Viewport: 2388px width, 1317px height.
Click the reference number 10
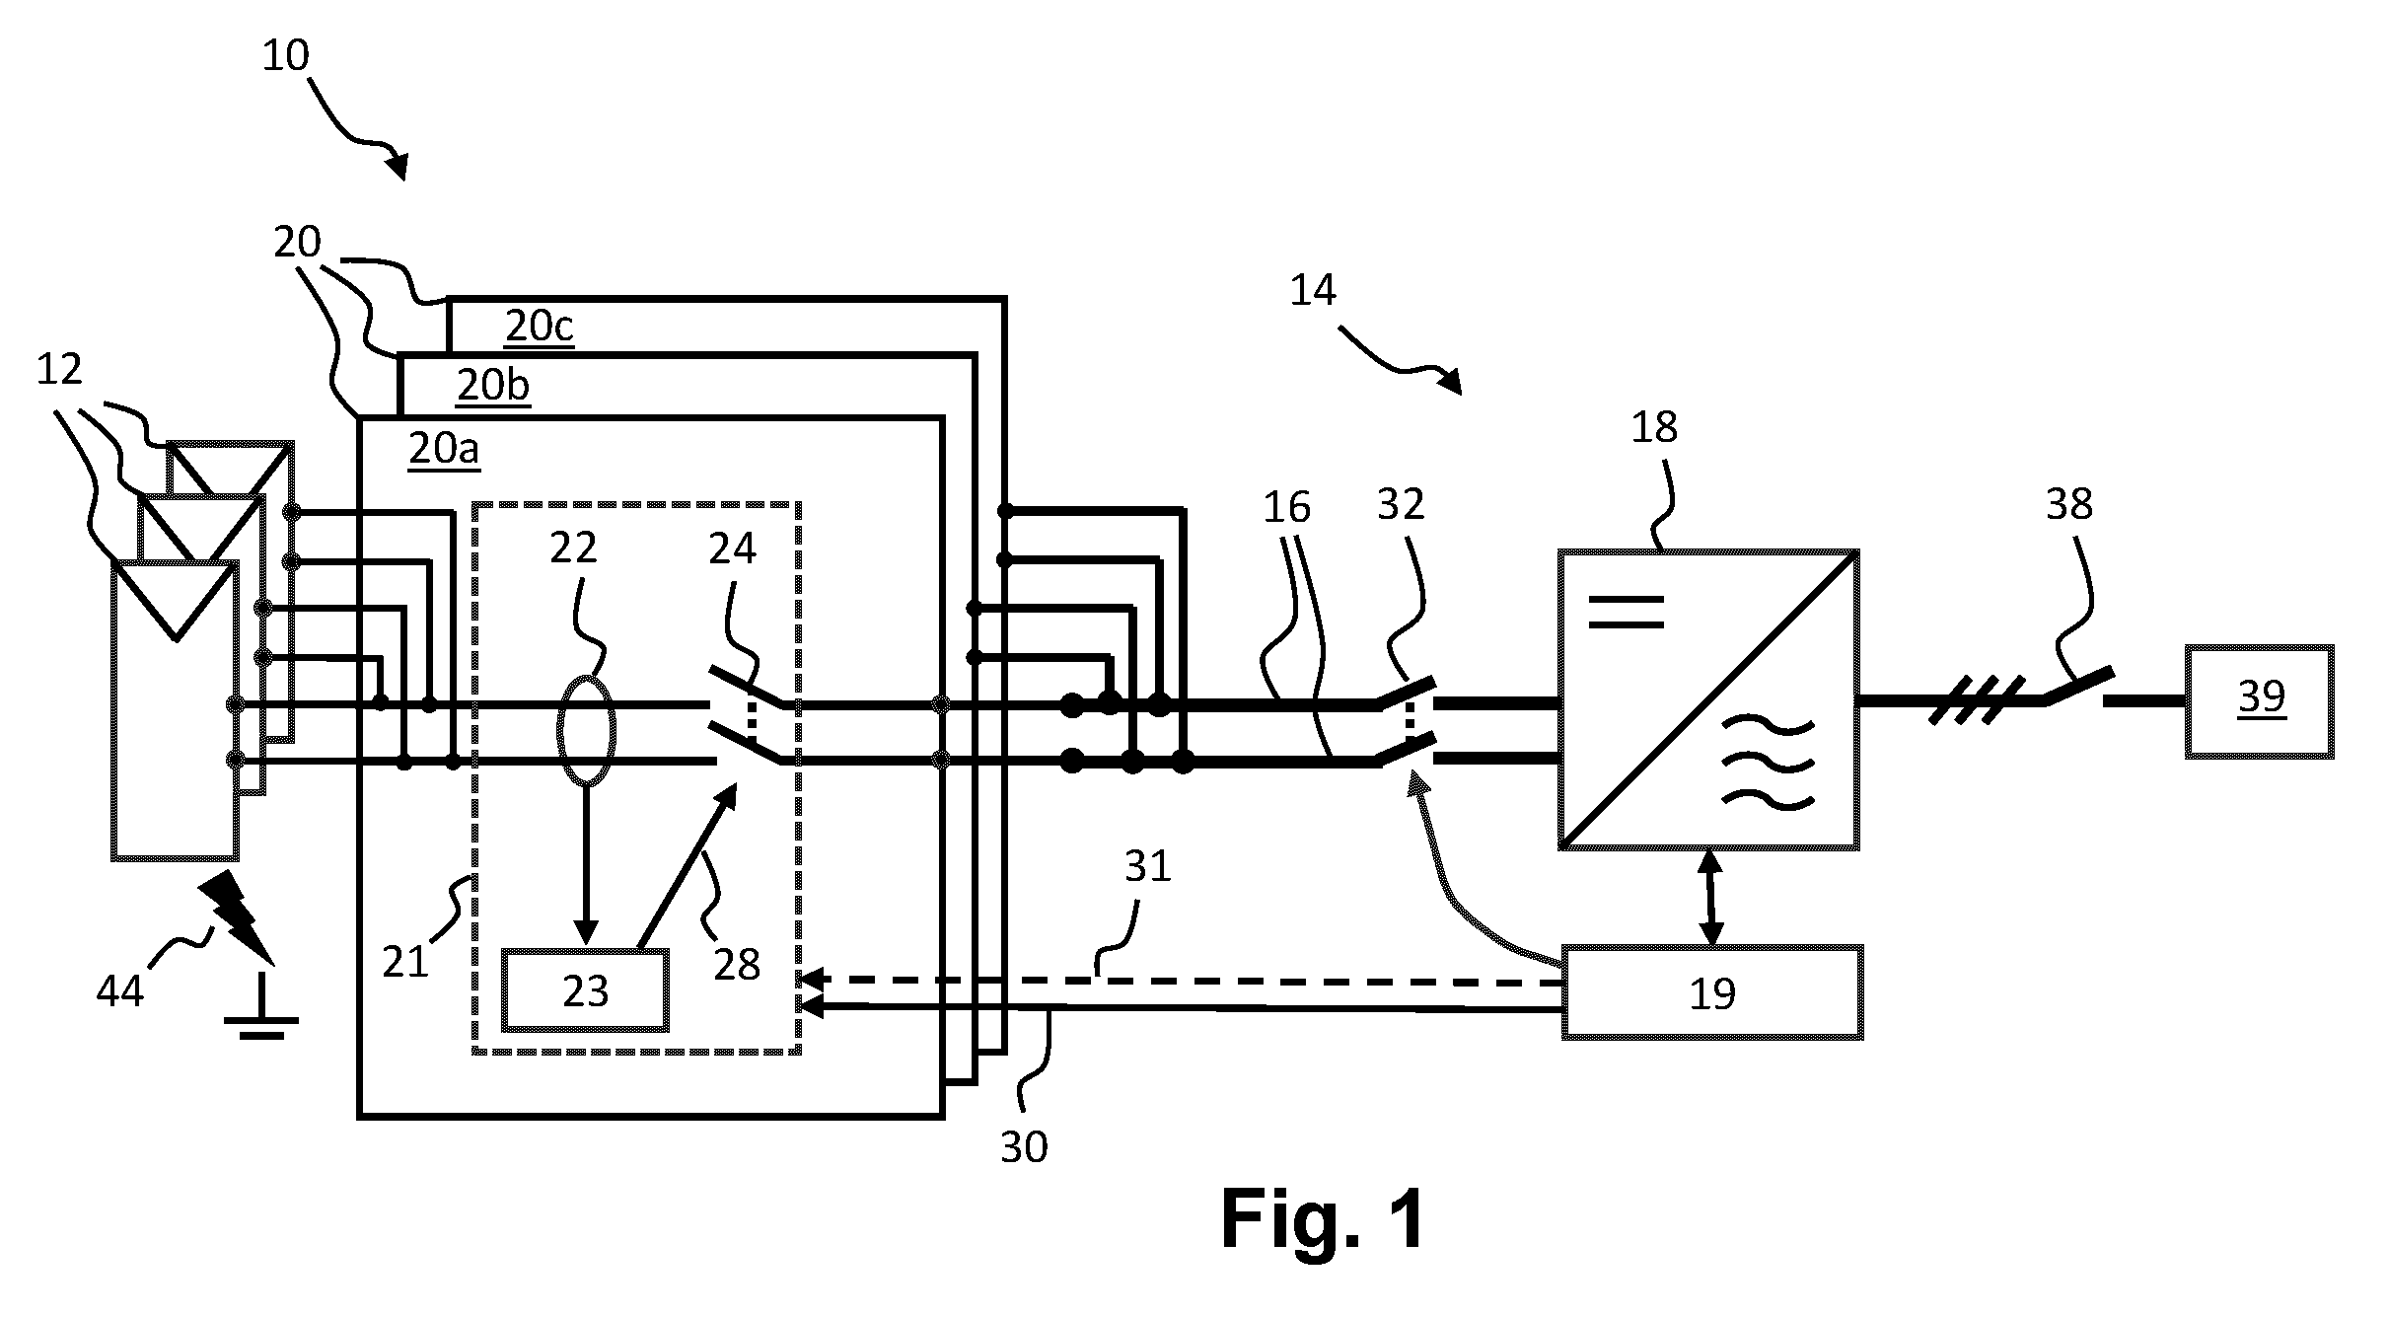(286, 56)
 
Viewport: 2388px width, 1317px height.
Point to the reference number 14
(1313, 290)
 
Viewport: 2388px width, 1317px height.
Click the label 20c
(540, 326)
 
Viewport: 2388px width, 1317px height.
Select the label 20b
(493, 385)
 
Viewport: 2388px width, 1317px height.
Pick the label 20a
(445, 448)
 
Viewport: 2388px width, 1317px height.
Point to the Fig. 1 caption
(1324, 1219)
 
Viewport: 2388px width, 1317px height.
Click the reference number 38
(2068, 504)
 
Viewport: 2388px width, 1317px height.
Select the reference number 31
(1147, 866)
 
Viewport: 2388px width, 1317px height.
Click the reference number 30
(1024, 1147)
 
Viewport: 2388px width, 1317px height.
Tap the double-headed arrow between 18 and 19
(1710, 898)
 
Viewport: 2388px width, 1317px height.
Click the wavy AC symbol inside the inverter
(1769, 765)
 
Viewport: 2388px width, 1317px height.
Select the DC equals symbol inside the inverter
(1628, 612)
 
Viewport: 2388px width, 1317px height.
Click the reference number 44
(120, 989)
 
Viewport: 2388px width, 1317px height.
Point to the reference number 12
(59, 370)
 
